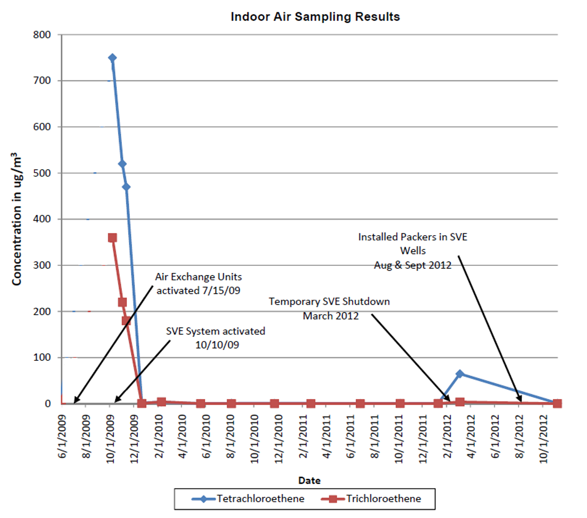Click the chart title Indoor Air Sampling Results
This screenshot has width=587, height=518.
coord(315,17)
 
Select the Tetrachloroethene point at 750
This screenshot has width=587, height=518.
coord(112,58)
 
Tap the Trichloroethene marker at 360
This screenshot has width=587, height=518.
coord(112,238)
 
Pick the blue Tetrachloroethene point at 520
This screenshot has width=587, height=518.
coord(122,164)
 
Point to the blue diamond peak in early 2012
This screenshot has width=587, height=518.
coord(460,374)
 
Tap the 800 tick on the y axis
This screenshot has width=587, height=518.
coord(42,35)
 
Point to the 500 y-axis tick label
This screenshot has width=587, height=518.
coord(42,173)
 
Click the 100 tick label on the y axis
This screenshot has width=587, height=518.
coord(42,358)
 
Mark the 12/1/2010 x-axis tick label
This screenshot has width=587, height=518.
coord(278,438)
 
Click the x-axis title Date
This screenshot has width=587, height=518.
coord(309,480)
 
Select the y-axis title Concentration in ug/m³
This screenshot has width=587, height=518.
coord(16,219)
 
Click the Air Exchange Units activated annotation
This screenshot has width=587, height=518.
coord(198,284)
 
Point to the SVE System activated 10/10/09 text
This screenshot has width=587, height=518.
coord(216,338)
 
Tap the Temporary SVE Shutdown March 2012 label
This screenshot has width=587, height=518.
coord(329,309)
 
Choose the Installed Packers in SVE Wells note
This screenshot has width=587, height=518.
coord(412,251)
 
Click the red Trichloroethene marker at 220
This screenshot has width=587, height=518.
coord(122,302)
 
